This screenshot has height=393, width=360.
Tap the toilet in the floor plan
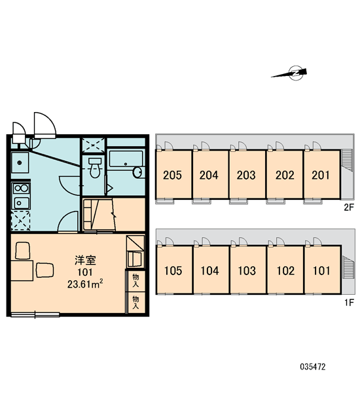94,168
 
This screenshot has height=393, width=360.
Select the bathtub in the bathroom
126,159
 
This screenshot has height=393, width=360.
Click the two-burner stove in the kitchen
21,188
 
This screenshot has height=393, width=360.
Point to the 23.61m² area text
85,284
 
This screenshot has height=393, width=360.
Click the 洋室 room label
85,260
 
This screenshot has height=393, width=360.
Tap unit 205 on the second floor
173,174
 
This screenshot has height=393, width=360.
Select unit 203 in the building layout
247,174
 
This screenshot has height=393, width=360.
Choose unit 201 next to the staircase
322,174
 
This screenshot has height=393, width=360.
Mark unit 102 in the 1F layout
285,270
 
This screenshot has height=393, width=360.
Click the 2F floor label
348,207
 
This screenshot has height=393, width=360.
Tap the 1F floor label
349,303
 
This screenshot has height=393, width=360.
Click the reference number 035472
313,367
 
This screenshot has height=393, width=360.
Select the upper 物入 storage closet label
135,281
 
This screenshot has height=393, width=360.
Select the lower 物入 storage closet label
135,302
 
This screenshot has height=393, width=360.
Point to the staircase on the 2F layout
347,160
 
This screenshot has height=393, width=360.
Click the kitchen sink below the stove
22,203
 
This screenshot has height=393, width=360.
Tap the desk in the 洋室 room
22,271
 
